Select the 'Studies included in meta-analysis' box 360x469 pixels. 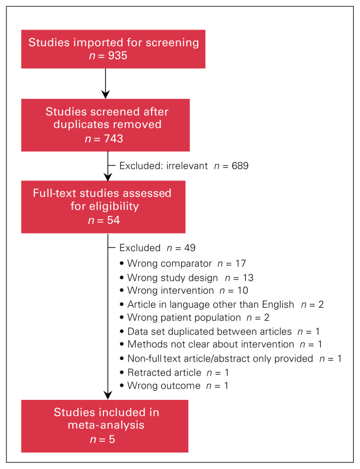(x=104, y=418)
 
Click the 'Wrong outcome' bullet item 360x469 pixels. (x=174, y=386)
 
